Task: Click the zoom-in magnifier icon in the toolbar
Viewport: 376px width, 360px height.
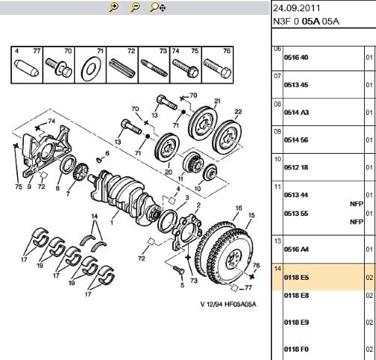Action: pyautogui.click(x=114, y=7)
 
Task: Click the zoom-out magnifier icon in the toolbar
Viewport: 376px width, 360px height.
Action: pyautogui.click(x=135, y=7)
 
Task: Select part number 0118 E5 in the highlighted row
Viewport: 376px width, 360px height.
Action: pyautogui.click(x=297, y=277)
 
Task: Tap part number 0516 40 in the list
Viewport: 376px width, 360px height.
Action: pyautogui.click(x=296, y=58)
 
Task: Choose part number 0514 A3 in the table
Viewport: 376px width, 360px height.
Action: pyautogui.click(x=297, y=112)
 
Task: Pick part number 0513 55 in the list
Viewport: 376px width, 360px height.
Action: pyautogui.click(x=296, y=214)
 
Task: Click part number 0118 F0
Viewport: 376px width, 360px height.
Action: pyautogui.click(x=297, y=349)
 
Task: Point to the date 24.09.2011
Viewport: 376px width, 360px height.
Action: pyautogui.click(x=297, y=8)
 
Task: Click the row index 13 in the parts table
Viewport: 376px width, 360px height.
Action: pyautogui.click(x=278, y=241)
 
